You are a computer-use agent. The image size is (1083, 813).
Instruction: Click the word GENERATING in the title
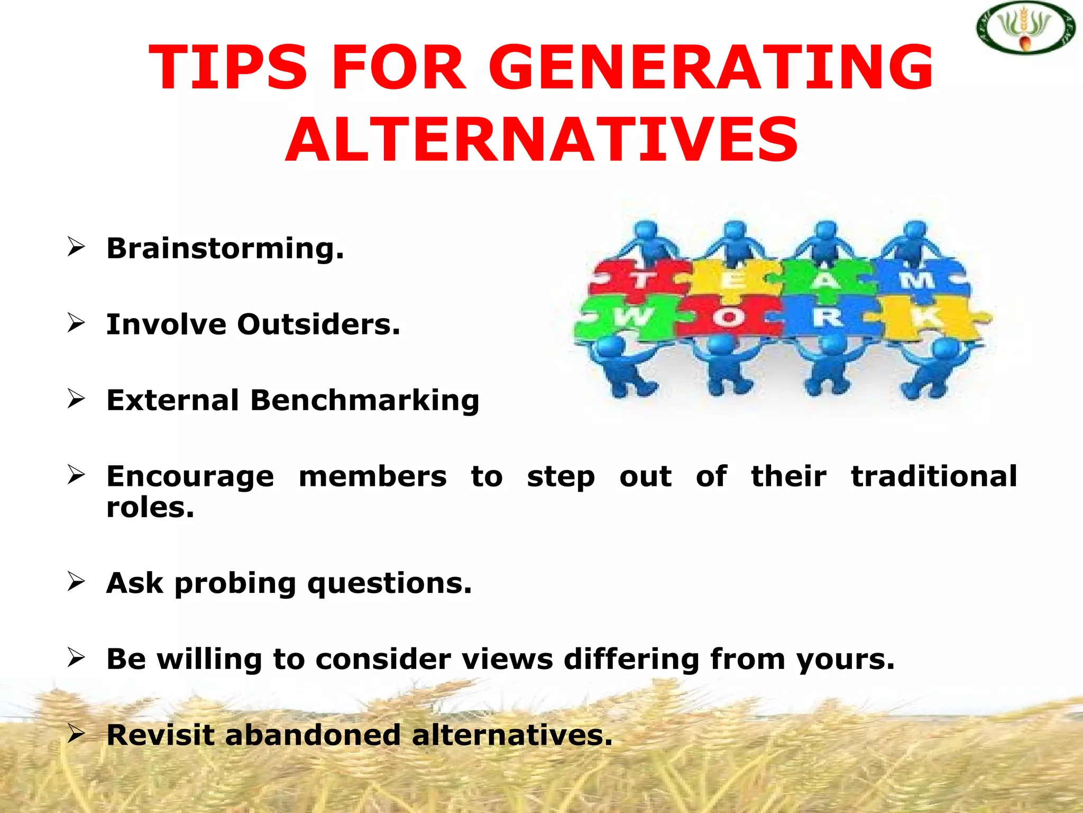point(711,68)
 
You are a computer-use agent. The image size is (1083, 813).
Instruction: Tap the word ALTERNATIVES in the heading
point(541,140)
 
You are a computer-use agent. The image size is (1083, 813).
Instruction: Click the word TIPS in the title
point(227,68)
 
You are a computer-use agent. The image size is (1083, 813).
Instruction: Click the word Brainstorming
point(225,249)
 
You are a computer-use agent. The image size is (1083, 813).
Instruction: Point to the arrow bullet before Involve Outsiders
point(76,322)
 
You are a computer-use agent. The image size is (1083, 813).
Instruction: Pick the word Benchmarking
point(365,401)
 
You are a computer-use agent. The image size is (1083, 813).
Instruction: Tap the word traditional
point(934,476)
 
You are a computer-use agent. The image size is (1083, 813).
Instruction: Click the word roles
point(150,508)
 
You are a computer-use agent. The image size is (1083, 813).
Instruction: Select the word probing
point(235,584)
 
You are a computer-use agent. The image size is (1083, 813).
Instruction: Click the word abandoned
point(313,736)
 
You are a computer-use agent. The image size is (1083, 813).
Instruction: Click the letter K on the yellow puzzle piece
point(926,317)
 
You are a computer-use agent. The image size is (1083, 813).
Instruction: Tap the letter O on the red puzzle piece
point(728,318)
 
